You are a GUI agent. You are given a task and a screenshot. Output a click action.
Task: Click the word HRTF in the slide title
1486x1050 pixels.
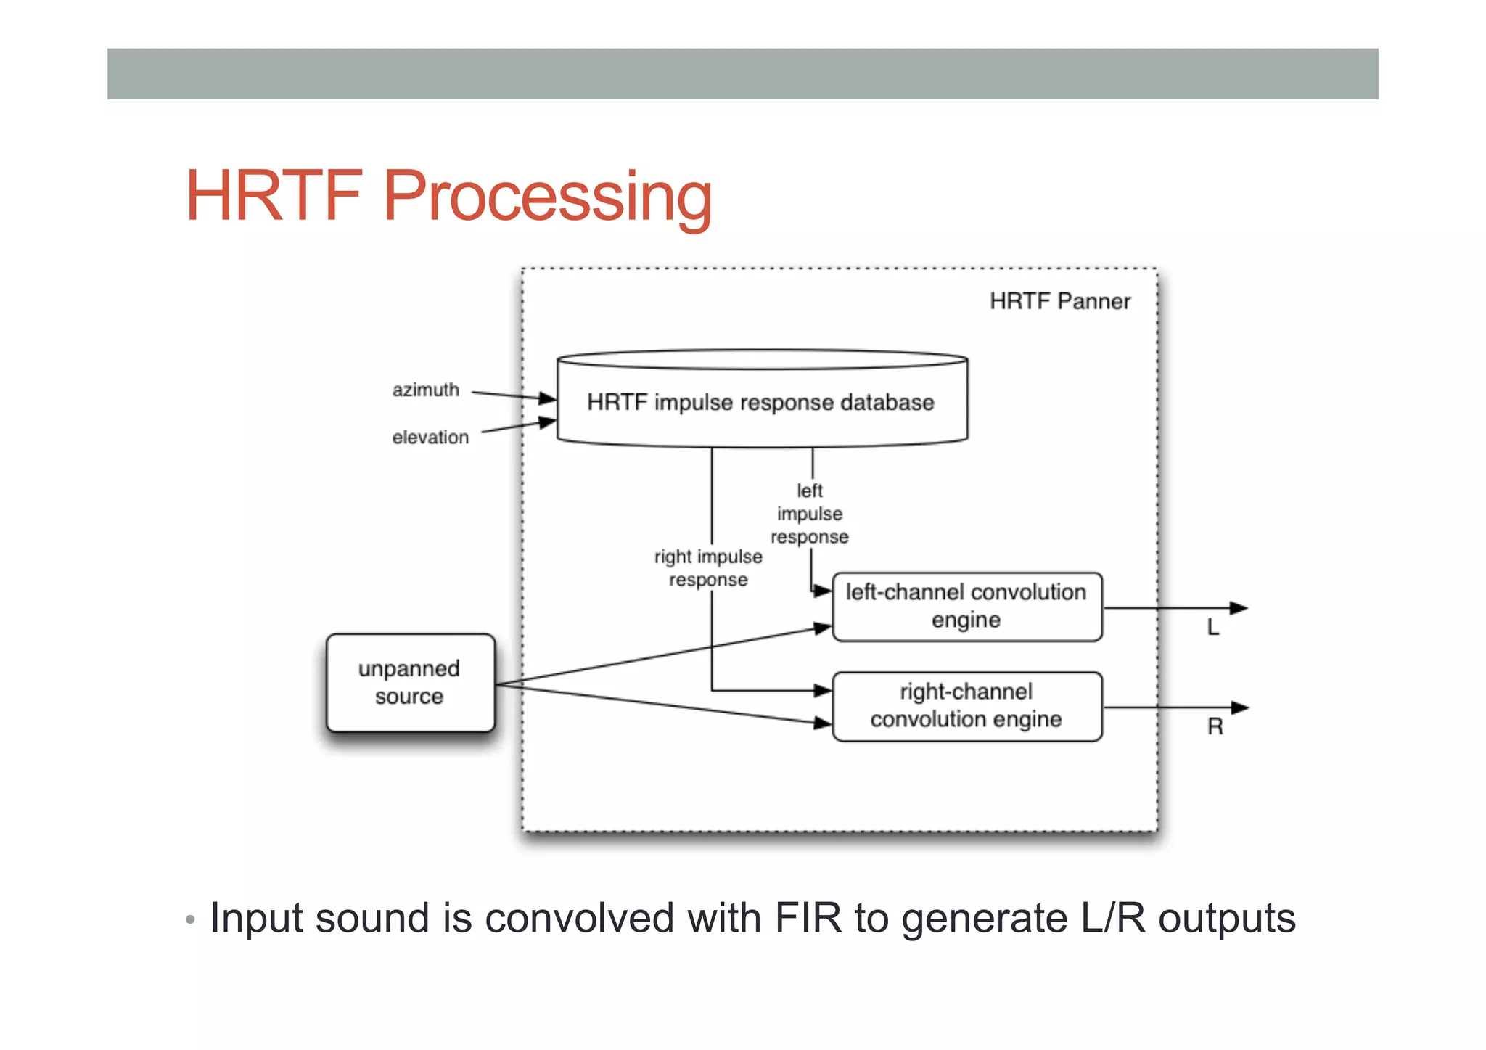click(274, 195)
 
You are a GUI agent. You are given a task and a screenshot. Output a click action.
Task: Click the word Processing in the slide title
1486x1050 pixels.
click(547, 197)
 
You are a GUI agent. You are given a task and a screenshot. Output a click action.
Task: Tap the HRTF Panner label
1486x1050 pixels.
click(1059, 301)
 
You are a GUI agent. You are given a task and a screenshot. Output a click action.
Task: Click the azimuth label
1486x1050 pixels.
click(426, 390)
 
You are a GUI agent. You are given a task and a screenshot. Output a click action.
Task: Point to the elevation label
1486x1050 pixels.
click(430, 437)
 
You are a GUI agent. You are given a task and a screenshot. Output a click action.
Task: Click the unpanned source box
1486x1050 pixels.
click(410, 682)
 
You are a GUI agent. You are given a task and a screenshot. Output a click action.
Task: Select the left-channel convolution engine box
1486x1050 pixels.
click(966, 606)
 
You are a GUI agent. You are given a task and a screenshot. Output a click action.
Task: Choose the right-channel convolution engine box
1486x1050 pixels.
click(966, 705)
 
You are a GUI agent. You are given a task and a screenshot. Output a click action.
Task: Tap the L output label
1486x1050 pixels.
click(1213, 627)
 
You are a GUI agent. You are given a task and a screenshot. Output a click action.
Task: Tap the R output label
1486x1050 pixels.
click(1215, 726)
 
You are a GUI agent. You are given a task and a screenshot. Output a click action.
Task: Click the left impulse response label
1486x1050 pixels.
click(810, 513)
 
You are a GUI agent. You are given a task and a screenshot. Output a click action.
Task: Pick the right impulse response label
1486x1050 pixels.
click(708, 567)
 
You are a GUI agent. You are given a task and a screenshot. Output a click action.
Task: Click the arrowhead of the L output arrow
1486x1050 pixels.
click(1239, 608)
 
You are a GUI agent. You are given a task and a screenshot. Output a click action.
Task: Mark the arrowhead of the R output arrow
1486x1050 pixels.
click(1240, 707)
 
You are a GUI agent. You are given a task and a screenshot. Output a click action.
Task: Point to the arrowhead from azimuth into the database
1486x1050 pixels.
click(548, 398)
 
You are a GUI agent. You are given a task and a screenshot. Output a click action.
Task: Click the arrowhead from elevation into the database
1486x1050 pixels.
click(548, 422)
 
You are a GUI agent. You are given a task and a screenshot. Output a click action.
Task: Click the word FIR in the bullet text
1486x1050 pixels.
click(808, 918)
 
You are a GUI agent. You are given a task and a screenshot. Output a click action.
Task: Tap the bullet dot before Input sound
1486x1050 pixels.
click(190, 920)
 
